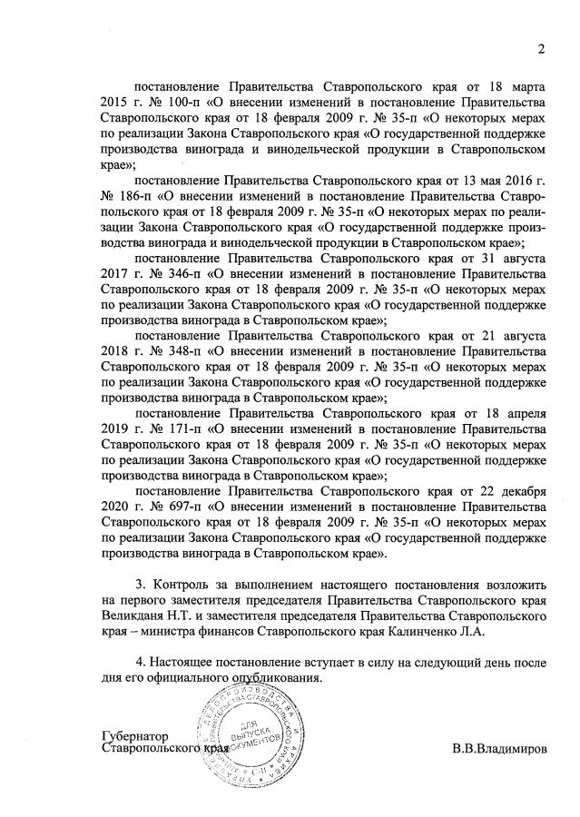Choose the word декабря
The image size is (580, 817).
[x=518, y=493]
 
